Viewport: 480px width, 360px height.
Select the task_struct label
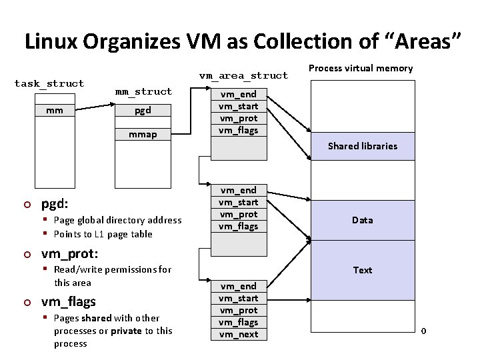(49, 83)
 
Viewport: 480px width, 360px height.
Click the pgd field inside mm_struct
(143, 111)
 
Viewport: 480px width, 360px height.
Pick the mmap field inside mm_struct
(143, 135)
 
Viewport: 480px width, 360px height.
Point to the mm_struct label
(143, 91)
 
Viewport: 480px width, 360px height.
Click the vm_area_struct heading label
(244, 75)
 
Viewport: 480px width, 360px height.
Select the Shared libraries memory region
(362, 146)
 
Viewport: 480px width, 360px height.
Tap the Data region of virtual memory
(362, 220)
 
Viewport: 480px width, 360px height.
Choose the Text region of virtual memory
(362, 270)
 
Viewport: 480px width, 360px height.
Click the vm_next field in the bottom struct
(239, 334)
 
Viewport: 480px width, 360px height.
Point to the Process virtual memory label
(361, 68)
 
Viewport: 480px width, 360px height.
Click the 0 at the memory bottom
(423, 331)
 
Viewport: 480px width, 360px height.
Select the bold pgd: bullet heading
(56, 203)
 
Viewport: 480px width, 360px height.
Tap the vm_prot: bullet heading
(69, 253)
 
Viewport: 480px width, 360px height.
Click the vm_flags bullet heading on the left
(68, 301)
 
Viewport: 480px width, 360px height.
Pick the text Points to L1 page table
(103, 234)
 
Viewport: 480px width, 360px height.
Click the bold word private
(125, 331)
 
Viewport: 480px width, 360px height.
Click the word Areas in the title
(423, 41)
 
